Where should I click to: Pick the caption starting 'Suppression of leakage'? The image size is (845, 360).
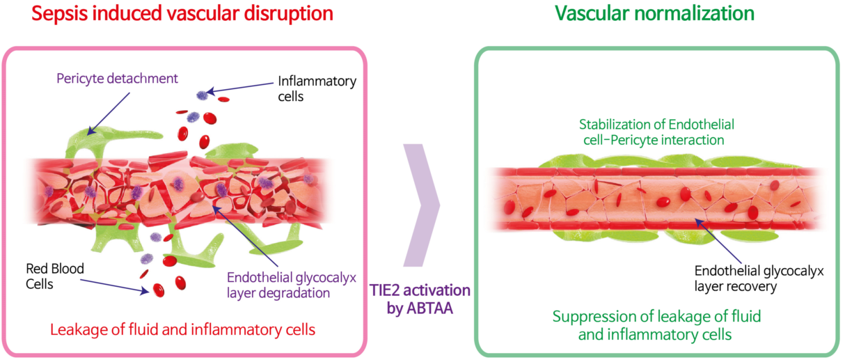coord(656,325)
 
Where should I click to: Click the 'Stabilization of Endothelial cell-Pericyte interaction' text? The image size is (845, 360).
coord(656,132)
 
